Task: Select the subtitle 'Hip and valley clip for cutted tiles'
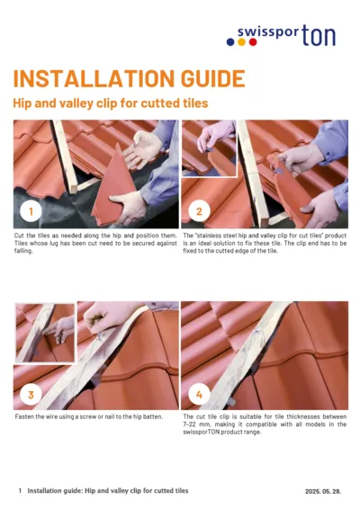(110, 103)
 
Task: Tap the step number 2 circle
(199, 211)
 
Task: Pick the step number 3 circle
(31, 394)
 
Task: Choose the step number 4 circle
(199, 394)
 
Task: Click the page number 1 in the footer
(20, 491)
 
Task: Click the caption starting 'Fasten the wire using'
(77, 418)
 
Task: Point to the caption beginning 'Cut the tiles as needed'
(95, 243)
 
